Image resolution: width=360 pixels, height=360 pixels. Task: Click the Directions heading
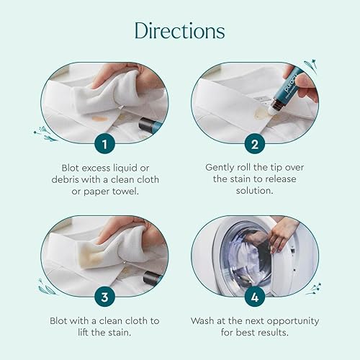[179, 31]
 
